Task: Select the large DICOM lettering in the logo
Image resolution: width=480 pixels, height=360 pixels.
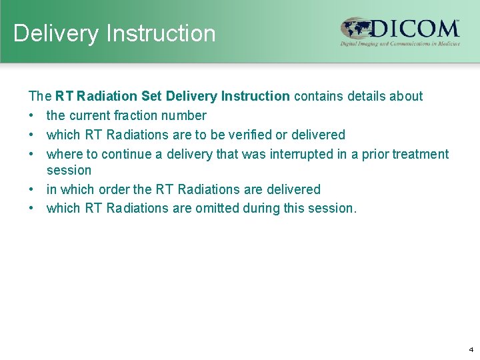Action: (413, 29)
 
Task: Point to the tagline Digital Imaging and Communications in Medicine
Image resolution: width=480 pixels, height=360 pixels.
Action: (400, 44)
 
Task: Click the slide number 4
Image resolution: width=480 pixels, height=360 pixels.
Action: (471, 349)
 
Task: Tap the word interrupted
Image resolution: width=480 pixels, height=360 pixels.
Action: (309, 154)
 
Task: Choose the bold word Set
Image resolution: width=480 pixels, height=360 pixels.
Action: (152, 96)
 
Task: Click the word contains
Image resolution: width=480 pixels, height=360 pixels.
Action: (318, 96)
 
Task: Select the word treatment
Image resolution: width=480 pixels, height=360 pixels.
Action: (421, 154)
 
